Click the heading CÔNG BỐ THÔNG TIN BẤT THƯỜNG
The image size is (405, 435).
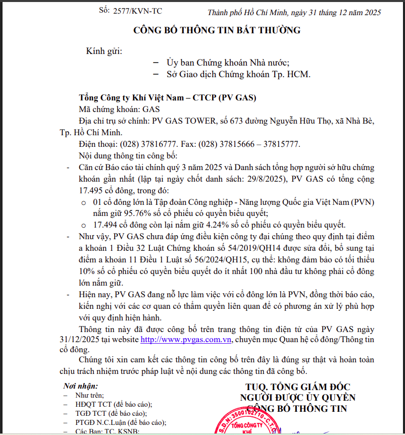tap(217, 30)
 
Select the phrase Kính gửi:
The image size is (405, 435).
tap(104, 51)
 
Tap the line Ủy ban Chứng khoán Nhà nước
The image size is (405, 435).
tap(228, 63)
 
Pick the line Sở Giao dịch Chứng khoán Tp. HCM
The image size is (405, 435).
tap(238, 75)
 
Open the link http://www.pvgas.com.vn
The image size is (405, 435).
tap(186, 340)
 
